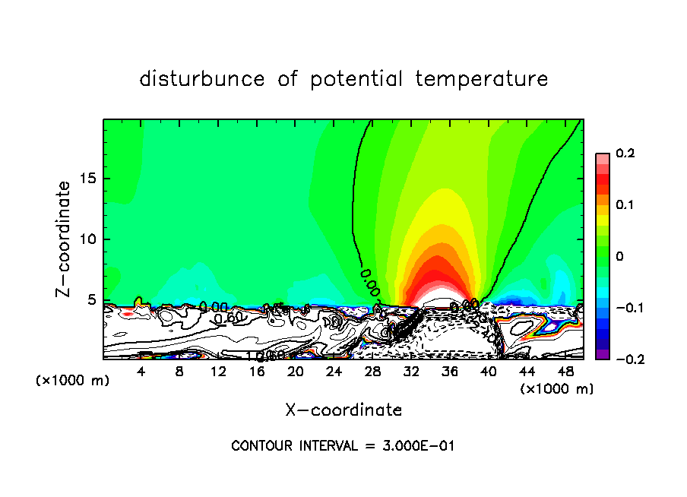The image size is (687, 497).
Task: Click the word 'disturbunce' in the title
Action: (202, 79)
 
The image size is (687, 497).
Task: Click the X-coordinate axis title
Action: (343, 410)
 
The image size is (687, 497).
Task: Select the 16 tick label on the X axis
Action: (257, 372)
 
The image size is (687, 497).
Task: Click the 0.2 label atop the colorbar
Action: (625, 154)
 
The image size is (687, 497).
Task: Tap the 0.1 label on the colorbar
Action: (625, 205)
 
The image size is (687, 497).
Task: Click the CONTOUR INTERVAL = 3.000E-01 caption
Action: (343, 446)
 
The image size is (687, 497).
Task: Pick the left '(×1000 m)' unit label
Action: (73, 381)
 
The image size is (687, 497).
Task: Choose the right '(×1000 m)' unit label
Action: (557, 389)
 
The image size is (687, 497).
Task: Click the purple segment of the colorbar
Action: (603, 354)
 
